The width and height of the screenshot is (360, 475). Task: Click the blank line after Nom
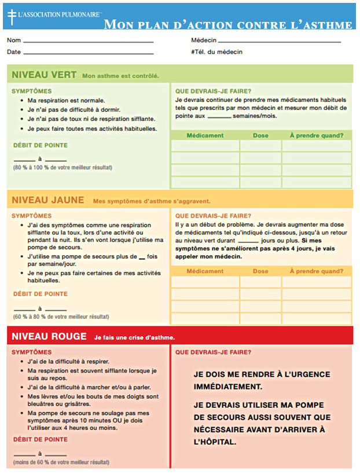point(88,42)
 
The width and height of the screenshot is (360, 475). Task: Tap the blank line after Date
point(88,53)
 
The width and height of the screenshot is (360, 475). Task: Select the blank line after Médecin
point(279,42)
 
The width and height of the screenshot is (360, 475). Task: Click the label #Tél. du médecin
point(216,52)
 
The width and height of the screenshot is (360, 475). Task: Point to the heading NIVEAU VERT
point(44,75)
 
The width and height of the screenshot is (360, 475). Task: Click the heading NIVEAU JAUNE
point(48,200)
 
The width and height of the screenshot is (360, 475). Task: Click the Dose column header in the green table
point(261,135)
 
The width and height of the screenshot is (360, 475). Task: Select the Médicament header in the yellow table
point(205,271)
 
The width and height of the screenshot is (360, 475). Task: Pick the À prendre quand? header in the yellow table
point(316,271)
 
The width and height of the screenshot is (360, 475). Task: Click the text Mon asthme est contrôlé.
point(120,76)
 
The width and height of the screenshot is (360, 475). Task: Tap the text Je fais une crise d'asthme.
point(134,337)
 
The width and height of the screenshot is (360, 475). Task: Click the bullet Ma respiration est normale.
point(67,101)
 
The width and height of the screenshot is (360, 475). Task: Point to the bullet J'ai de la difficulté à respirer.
point(68,362)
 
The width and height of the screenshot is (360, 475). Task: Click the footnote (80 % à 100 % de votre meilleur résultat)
point(63,168)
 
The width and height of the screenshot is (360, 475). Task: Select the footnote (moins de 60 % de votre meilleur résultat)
point(61,462)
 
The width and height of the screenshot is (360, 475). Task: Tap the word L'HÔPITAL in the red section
point(215,441)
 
